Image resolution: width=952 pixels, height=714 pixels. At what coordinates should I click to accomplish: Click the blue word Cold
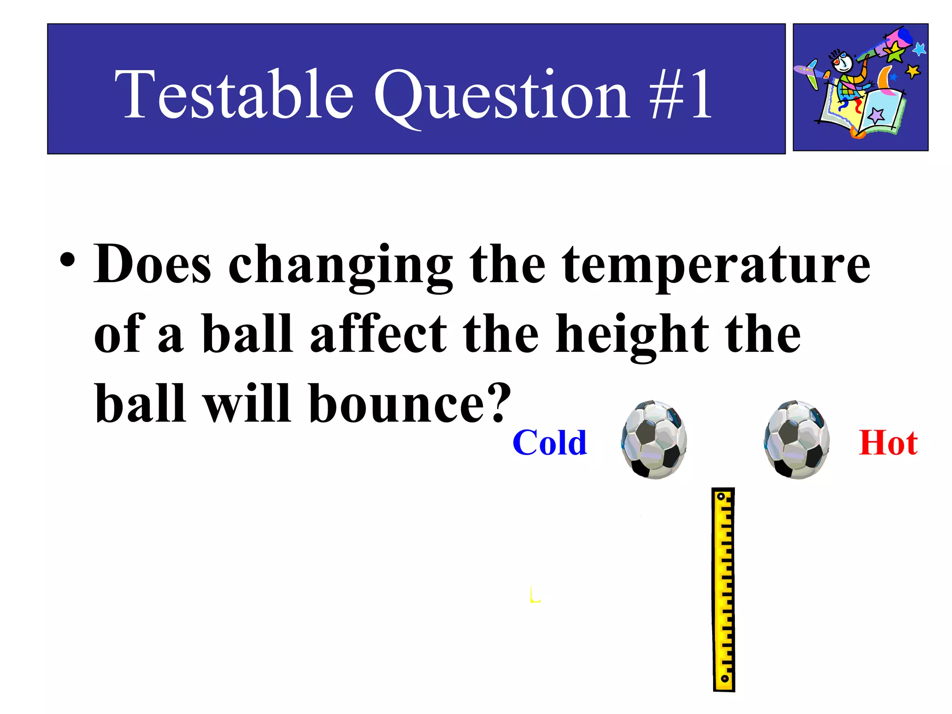[x=549, y=443]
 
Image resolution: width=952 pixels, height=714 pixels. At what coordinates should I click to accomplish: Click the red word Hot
[x=888, y=443]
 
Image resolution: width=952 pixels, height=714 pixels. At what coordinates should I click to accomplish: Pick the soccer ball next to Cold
[x=654, y=440]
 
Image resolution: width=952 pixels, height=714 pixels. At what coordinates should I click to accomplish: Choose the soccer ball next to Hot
[x=796, y=440]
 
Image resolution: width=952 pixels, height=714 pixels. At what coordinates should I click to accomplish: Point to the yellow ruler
[x=723, y=589]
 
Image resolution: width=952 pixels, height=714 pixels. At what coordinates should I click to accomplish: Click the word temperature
[x=716, y=265]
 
